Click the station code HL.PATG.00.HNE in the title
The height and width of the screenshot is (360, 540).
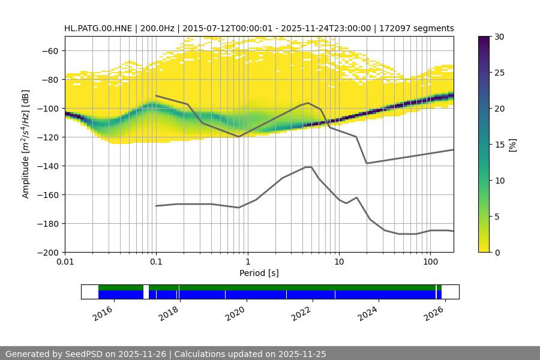coord(100,28)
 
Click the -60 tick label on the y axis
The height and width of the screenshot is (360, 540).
coord(49,50)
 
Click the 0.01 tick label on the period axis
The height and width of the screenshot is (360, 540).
coord(65,262)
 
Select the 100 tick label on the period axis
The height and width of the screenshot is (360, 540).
coord(430,262)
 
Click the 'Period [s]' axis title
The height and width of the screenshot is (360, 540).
coord(259,274)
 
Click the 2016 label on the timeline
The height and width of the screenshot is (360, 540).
coord(103,313)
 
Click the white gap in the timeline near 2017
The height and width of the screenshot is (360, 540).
coord(146,292)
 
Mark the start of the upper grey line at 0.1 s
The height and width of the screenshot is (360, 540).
coord(156,95)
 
